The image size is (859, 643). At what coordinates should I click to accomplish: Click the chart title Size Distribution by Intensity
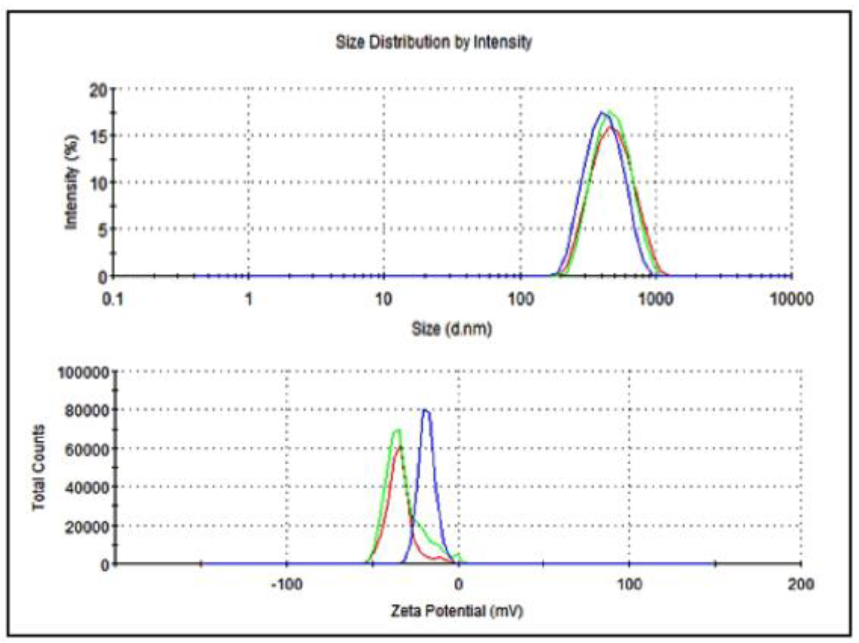tap(434, 42)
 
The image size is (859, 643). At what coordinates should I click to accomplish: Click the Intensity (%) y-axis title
tap(72, 182)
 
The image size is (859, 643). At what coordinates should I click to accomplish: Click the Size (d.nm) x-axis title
tap(452, 329)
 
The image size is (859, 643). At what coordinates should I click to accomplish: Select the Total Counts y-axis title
tap(39, 468)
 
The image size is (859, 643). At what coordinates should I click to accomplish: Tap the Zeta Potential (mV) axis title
tap(457, 611)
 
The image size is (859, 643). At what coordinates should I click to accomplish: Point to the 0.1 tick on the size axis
tap(113, 299)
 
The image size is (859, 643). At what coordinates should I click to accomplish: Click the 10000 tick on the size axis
tap(791, 299)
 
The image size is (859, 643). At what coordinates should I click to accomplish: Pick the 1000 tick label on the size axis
tap(656, 299)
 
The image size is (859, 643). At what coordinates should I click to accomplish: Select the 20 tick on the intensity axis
tap(98, 91)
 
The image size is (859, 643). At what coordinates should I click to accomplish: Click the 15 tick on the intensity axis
tap(98, 137)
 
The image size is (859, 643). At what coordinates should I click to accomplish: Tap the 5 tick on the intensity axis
tap(102, 230)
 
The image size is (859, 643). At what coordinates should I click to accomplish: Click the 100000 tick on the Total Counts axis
tap(84, 373)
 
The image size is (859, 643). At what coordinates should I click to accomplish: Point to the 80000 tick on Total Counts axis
tap(87, 411)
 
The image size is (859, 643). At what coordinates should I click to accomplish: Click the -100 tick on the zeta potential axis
tap(287, 585)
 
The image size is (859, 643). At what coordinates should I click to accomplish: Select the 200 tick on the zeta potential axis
tap(801, 585)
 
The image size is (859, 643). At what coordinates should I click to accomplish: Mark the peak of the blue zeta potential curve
tap(425, 410)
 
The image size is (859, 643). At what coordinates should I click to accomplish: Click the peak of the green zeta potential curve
tap(397, 430)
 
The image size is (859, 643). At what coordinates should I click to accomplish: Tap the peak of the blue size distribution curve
tap(602, 112)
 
